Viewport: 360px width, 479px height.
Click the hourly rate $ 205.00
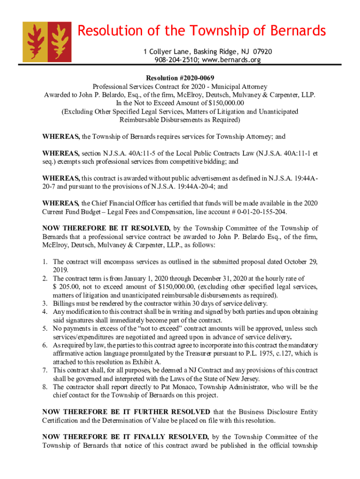[x=65, y=287]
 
